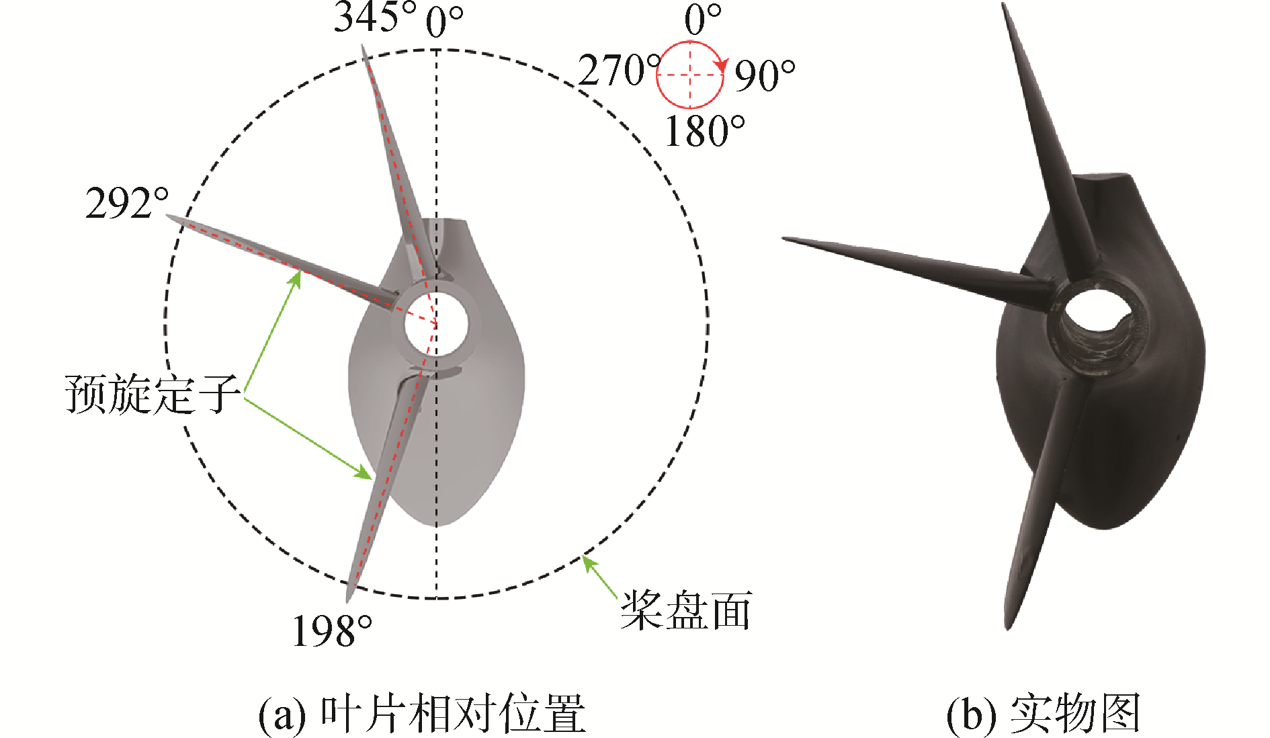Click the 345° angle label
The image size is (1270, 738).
[374, 17]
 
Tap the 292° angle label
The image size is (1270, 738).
[127, 203]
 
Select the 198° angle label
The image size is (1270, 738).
[332, 631]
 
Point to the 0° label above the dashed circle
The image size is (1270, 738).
[444, 23]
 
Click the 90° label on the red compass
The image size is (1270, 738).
[764, 75]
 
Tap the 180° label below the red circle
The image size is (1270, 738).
[704, 131]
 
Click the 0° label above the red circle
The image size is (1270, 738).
[703, 19]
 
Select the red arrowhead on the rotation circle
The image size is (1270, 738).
[722, 66]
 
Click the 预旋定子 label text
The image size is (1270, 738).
[153, 393]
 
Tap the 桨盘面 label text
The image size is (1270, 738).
[685, 610]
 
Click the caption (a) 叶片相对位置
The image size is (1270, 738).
[422, 714]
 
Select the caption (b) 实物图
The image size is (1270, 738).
[1043, 714]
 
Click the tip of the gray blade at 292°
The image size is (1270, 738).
[168, 218]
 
